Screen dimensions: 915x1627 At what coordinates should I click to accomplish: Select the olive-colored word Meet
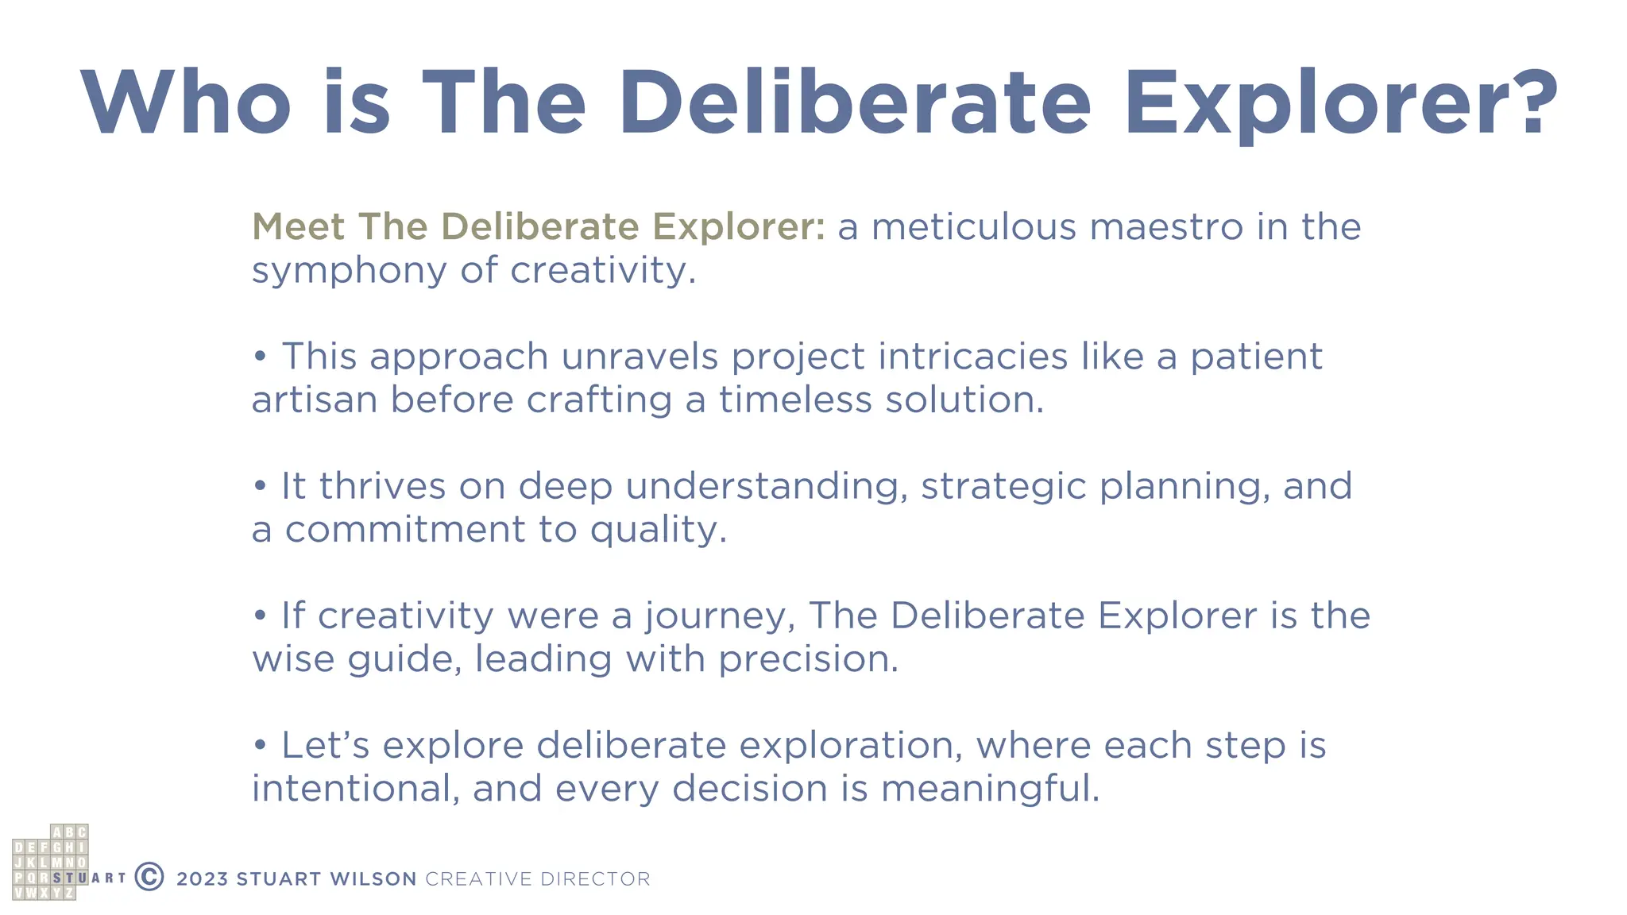(x=298, y=226)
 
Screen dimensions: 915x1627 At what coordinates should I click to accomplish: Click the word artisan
(x=315, y=400)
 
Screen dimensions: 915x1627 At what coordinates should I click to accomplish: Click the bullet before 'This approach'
(x=260, y=357)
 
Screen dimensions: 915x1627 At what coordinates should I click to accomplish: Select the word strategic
(x=1003, y=487)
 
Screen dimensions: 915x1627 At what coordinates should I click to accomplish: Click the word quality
(x=658, y=530)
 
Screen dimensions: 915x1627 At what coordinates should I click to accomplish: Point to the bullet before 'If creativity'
(x=260, y=616)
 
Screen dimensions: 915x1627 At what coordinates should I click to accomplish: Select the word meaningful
(x=990, y=789)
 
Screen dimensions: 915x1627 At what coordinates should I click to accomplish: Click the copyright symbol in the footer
(x=149, y=877)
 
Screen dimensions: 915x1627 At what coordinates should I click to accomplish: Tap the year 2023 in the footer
(x=203, y=879)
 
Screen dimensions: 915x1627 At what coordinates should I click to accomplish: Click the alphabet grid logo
(x=50, y=863)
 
